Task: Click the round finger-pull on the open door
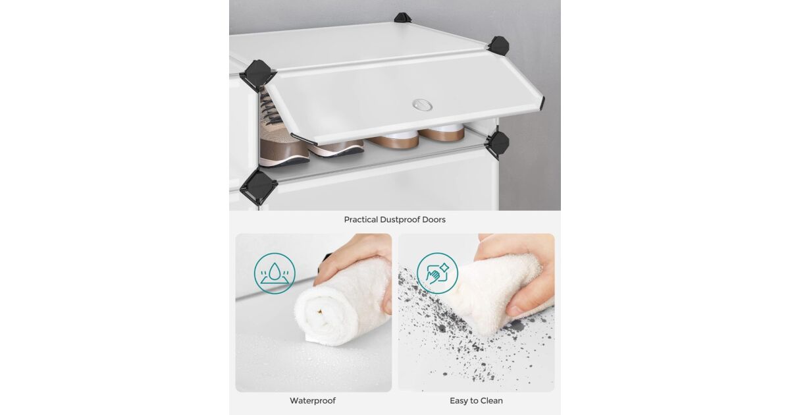[x=422, y=105]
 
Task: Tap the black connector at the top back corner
[x=402, y=17]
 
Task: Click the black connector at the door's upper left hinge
[x=258, y=75]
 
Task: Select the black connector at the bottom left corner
[x=259, y=187]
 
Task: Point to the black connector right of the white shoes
[x=498, y=145]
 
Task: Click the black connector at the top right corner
[x=499, y=46]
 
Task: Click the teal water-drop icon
[x=275, y=273]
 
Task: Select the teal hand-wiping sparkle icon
[x=437, y=273]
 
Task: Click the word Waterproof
[x=313, y=401]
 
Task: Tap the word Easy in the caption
[x=458, y=401]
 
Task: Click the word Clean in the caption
[x=491, y=401]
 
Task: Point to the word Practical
[x=361, y=219]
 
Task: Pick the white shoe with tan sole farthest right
[x=442, y=132]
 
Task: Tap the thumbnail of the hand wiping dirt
[x=477, y=313]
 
